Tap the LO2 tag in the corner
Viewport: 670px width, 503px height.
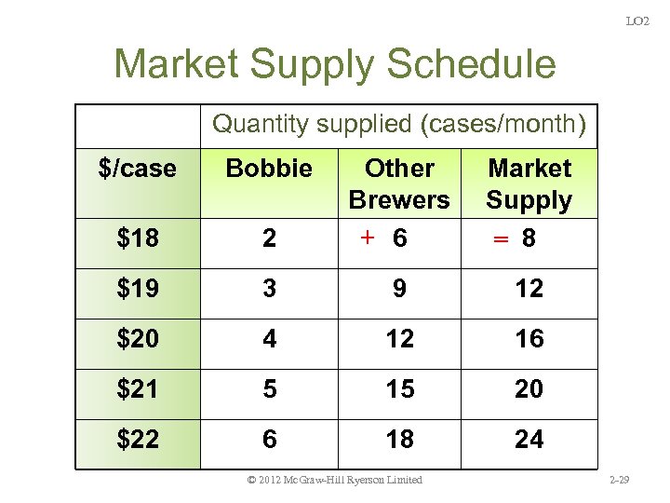coord(637,20)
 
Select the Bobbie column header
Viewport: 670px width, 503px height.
coord(269,169)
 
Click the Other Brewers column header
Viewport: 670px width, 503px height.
coord(399,184)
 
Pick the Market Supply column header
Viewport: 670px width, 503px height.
coord(529,184)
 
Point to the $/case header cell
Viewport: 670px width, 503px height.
coord(137,169)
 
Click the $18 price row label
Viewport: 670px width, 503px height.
coord(138,238)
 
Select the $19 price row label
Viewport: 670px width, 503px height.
coord(138,289)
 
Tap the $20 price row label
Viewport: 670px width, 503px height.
coord(138,339)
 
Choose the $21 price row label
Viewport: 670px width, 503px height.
coord(138,388)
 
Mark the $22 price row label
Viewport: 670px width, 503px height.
coord(138,439)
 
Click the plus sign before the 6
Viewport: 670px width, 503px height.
coord(368,238)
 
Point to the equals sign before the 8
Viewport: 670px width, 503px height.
coord(500,239)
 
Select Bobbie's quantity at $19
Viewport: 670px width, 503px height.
coord(269,289)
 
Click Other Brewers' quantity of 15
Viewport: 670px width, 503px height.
coord(399,388)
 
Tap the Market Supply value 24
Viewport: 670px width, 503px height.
coord(529,439)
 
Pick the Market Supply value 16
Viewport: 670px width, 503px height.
coord(529,339)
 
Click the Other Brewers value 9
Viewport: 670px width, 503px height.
coord(399,289)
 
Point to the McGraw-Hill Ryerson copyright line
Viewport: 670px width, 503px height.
coord(335,480)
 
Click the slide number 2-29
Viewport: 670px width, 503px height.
coord(618,480)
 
